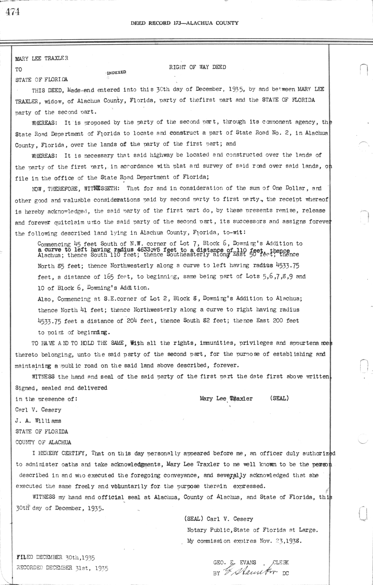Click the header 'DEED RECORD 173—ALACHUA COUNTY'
185,23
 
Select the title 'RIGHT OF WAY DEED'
197,67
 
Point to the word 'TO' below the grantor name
19,70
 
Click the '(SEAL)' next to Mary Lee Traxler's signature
279,398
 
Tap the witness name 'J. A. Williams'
38,421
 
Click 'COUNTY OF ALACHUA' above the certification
43,442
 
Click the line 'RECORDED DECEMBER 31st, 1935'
62,569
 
